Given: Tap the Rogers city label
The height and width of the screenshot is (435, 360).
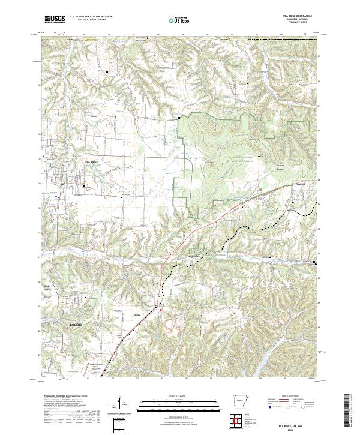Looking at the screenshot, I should point(74,325).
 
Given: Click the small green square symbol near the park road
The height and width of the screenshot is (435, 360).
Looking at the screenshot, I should point(264,189).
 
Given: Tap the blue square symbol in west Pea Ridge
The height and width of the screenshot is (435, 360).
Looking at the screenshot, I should point(57,196).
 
